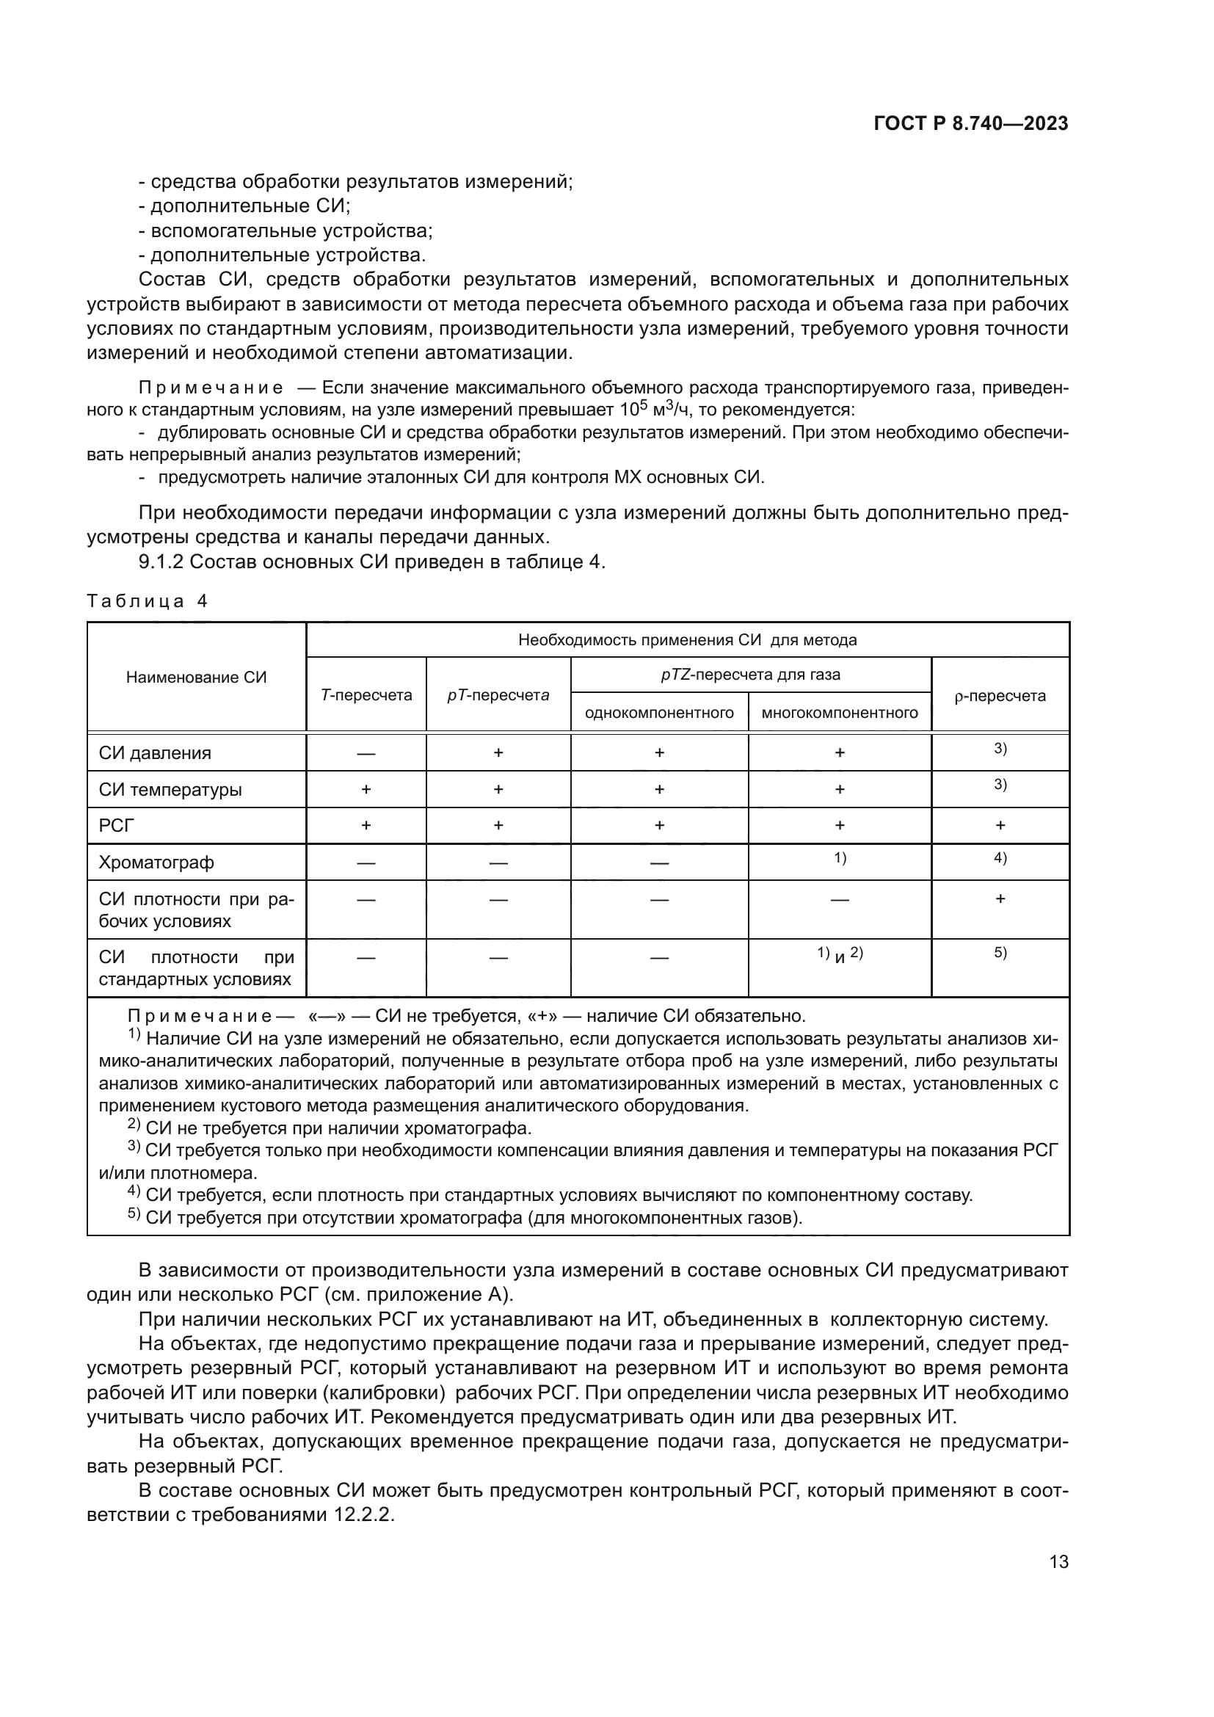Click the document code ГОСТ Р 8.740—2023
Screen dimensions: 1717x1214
point(970,124)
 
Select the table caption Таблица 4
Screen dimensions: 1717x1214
point(148,601)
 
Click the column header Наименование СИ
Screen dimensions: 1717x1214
point(196,678)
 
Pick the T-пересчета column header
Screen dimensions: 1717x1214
point(366,694)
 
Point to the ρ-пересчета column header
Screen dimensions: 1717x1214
point(1000,695)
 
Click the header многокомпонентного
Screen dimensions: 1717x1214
point(840,713)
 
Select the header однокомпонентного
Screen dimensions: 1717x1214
point(659,713)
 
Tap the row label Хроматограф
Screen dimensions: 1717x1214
point(156,863)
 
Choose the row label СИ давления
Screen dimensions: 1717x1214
point(155,753)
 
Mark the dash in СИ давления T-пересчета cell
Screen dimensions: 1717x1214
point(366,754)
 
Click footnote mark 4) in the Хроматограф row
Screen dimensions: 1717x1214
point(1000,857)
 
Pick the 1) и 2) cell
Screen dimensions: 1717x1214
point(840,954)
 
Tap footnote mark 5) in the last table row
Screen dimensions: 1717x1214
point(1000,953)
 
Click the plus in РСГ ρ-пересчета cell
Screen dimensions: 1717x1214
point(1000,826)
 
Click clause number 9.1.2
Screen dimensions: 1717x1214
point(161,562)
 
